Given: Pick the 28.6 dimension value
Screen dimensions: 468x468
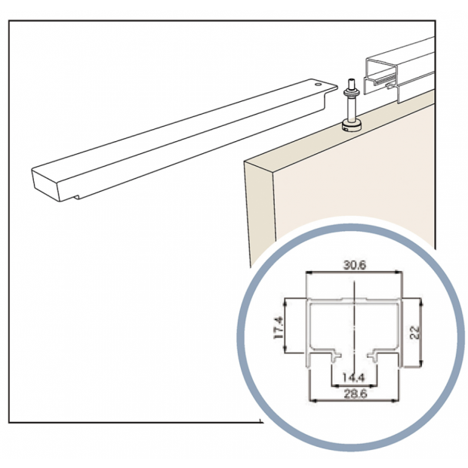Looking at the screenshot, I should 353,392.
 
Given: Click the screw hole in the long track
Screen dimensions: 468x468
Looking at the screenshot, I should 319,85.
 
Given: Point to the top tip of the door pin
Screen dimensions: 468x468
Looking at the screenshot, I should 350,79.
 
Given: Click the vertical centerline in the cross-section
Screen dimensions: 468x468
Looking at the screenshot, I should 353,317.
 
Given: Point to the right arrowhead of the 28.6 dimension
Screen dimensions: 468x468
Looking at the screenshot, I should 397,399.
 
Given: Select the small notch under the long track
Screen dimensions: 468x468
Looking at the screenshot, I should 77,198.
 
